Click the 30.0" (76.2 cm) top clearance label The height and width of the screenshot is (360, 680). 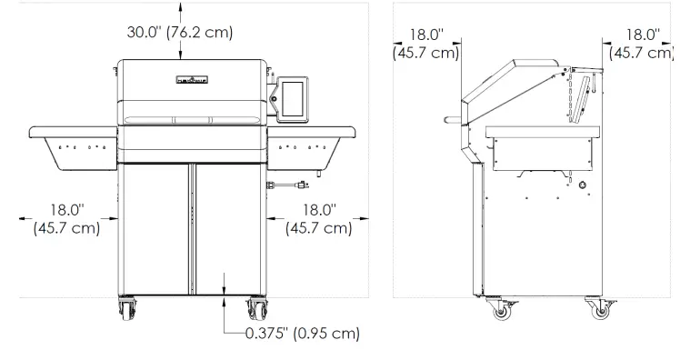click(179, 33)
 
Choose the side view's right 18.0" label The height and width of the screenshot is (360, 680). click(642, 44)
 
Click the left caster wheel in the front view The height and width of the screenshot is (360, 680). click(125, 310)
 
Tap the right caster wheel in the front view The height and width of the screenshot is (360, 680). click(254, 310)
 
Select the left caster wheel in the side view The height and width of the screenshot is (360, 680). click(499, 312)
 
